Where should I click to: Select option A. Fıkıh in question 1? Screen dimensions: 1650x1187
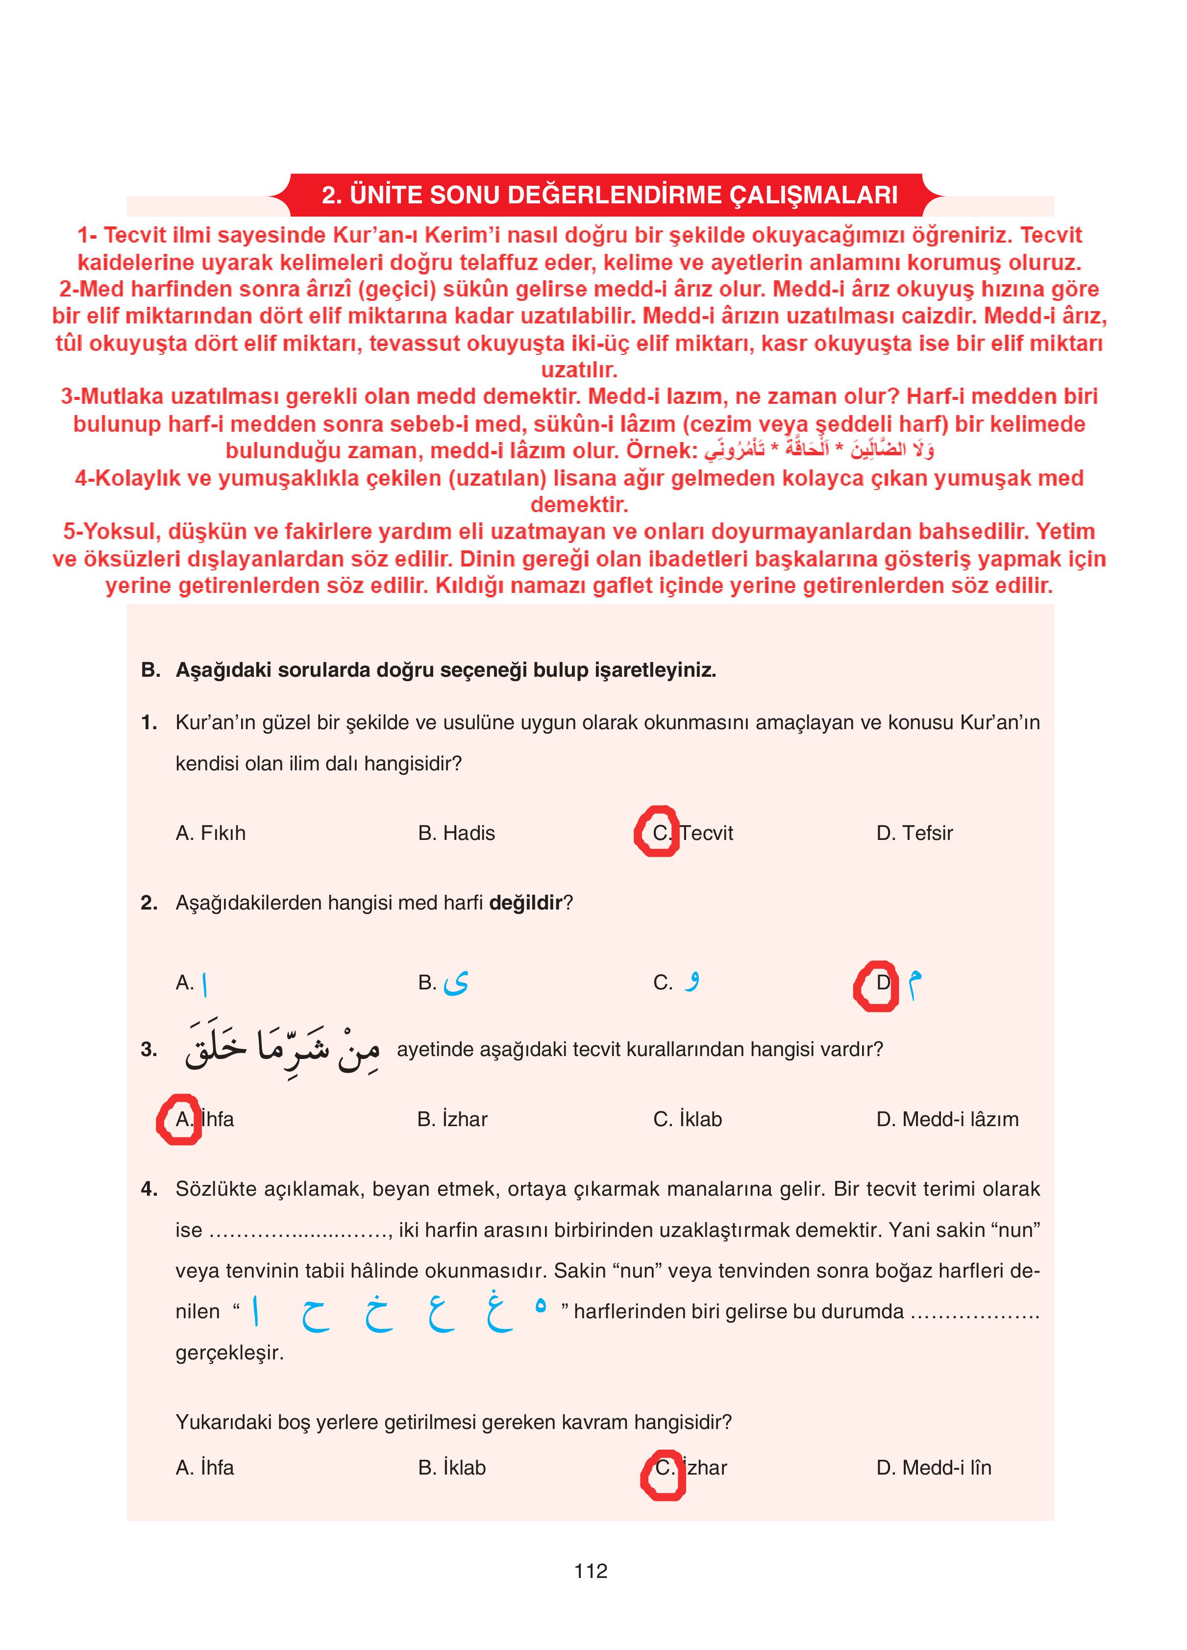(x=210, y=833)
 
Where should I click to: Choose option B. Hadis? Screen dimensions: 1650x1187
(x=456, y=833)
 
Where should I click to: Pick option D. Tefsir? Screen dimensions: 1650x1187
(x=914, y=833)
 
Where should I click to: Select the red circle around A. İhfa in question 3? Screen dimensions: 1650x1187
(x=179, y=1119)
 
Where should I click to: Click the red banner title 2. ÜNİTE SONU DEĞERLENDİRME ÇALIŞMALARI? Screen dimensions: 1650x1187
(x=609, y=195)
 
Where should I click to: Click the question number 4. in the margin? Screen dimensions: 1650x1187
(x=148, y=1189)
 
